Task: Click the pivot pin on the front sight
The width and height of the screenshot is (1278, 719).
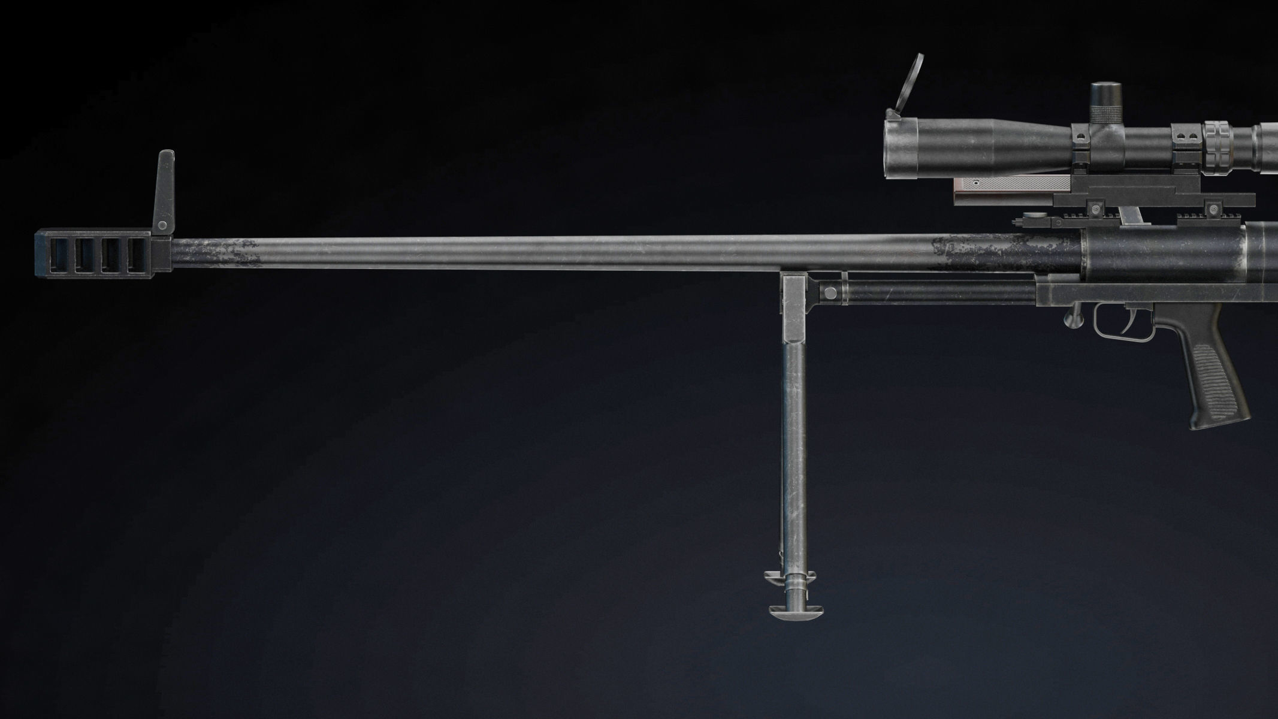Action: (x=162, y=225)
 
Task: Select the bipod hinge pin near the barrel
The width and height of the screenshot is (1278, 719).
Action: (x=830, y=293)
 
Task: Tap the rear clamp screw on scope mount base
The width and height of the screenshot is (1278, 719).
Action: (x=1213, y=209)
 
